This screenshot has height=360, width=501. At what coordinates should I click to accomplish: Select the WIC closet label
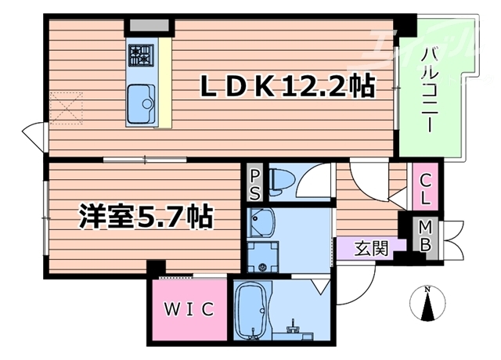189,309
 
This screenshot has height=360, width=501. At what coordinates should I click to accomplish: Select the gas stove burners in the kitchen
141,54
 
